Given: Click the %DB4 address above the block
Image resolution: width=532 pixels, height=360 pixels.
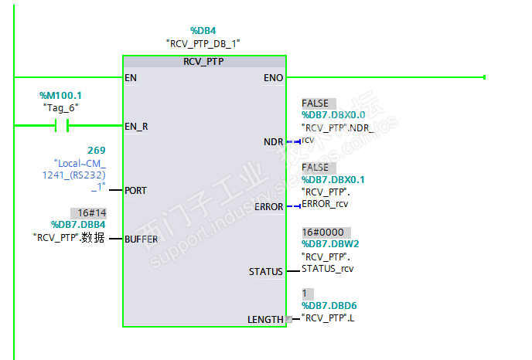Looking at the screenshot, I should pyautogui.click(x=203, y=30).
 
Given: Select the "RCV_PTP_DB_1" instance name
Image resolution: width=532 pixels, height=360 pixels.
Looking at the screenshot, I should pyautogui.click(x=203, y=44).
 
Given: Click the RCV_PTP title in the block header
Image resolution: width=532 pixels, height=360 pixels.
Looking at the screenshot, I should pyautogui.click(x=203, y=61).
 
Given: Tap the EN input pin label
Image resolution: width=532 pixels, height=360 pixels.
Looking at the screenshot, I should pyautogui.click(x=131, y=77).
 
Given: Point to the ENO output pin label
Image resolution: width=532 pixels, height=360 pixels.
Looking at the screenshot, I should pyautogui.click(x=273, y=77).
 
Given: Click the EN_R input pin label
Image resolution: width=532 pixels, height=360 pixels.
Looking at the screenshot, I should pyautogui.click(x=136, y=125).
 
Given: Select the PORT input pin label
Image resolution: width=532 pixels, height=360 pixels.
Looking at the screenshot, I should pyautogui.click(x=136, y=190).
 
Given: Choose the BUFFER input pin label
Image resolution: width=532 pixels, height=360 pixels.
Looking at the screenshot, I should pyautogui.click(x=142, y=239).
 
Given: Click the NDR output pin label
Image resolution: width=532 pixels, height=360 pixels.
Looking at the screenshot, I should pyautogui.click(x=274, y=142).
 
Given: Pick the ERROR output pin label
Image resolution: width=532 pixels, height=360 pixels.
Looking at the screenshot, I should pyautogui.click(x=270, y=207).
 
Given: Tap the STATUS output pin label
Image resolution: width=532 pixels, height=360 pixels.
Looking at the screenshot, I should pyautogui.click(x=266, y=272).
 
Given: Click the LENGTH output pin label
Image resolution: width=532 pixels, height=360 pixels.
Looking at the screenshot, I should pyautogui.click(x=265, y=319).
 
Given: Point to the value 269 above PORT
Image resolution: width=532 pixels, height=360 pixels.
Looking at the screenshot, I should pyautogui.click(x=97, y=150).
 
